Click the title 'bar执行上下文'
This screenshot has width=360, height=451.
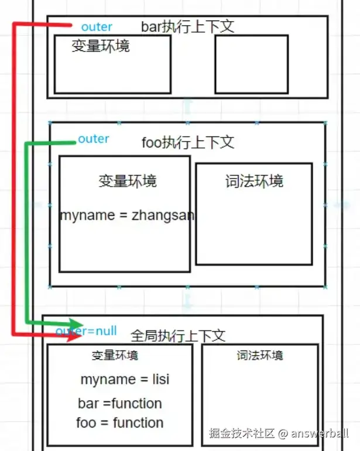coord(187,26)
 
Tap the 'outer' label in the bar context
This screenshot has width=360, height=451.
coord(97,27)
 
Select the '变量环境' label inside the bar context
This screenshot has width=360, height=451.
coord(100,46)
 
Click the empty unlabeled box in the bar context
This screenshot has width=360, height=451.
coord(251,64)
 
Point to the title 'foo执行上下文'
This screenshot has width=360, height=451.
coord(188,142)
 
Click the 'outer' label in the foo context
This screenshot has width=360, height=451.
coord(94,139)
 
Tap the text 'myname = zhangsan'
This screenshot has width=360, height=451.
coord(127,215)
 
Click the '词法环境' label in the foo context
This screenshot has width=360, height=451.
coord(253,181)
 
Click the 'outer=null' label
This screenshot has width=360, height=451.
coord(87,331)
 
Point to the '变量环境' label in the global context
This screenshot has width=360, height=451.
coord(115,355)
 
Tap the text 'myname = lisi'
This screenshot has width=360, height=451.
coord(125,379)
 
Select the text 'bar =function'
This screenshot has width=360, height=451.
coord(120,404)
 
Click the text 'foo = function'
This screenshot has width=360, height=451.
coord(120,422)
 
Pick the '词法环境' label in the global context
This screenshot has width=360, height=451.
coord(259,355)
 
